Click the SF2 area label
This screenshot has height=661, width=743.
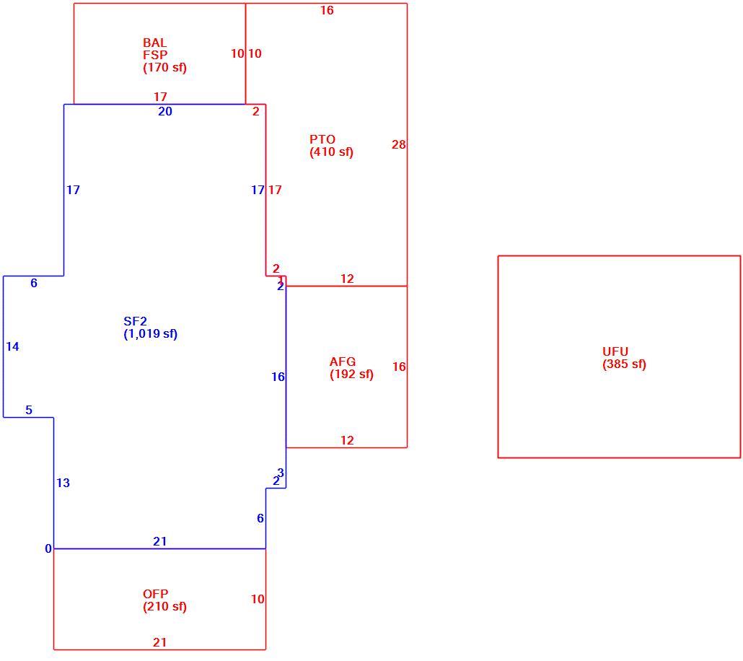click(135, 322)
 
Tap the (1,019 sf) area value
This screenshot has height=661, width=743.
click(151, 334)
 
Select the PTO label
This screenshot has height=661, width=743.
click(322, 139)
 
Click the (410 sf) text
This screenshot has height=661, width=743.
click(331, 152)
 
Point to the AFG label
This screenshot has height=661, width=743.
click(343, 362)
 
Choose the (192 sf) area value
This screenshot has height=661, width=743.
click(351, 375)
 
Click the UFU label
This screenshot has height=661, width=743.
click(615, 352)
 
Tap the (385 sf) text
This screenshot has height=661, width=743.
click(624, 364)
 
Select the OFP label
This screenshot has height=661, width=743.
click(155, 594)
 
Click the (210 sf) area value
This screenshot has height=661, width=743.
click(164, 606)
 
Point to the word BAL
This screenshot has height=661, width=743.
click(154, 43)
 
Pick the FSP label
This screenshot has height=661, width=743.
click(155, 55)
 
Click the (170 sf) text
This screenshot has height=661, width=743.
click(164, 67)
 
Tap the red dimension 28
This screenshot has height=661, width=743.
click(398, 144)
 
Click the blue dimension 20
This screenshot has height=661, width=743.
click(165, 111)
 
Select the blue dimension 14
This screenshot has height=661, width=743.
click(12, 346)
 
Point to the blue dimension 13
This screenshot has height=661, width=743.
click(63, 483)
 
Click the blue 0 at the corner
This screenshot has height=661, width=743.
click(48, 548)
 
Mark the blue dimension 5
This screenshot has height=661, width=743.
click(29, 410)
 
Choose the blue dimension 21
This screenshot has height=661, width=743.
click(159, 541)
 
